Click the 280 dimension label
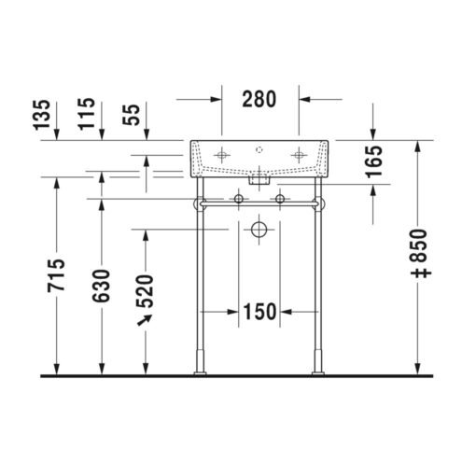click(x=259, y=99)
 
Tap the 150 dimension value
click(x=259, y=312)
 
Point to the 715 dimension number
click(x=56, y=275)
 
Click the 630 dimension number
click(x=101, y=286)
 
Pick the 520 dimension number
click(x=146, y=291)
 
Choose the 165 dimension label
click(x=373, y=161)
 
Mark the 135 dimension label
click(x=42, y=114)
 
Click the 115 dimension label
click(x=86, y=114)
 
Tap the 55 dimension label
click(x=132, y=115)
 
